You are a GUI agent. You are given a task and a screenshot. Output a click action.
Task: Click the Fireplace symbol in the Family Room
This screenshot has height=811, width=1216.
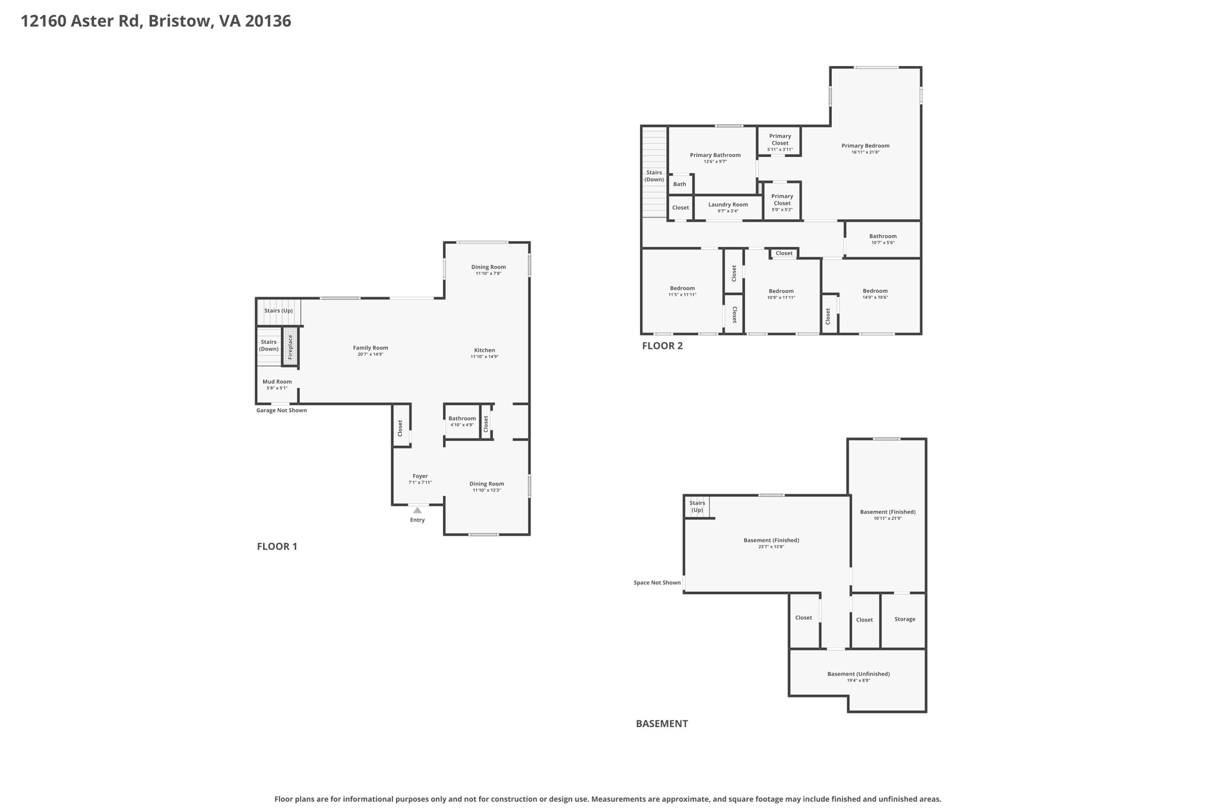290,346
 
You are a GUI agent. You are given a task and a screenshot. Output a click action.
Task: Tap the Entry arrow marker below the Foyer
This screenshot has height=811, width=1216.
417,510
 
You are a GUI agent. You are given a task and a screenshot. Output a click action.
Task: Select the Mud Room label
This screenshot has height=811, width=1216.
277,381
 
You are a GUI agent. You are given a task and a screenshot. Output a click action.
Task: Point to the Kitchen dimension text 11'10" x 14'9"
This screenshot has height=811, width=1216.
484,356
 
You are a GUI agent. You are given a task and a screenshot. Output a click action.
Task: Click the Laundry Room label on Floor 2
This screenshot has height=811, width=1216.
728,204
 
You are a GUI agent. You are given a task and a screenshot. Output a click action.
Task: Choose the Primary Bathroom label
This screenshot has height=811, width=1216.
715,155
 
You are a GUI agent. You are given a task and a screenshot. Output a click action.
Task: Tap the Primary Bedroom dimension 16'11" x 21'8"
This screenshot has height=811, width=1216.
865,152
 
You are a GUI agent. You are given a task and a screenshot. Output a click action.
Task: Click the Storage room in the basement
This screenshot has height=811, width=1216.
904,620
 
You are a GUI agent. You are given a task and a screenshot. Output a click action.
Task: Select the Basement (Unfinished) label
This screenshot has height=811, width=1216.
858,674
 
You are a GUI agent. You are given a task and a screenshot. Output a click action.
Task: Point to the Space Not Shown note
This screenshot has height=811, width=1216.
657,583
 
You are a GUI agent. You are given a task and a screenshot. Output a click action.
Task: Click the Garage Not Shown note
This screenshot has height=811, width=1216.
281,411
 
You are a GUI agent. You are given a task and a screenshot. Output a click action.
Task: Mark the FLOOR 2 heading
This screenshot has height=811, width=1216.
662,346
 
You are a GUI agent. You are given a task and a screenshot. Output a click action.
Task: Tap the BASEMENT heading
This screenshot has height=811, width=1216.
661,724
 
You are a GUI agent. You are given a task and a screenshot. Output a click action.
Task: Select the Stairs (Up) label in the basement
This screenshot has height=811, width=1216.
697,507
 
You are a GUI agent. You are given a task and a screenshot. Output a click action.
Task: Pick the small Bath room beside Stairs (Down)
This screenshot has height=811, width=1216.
680,184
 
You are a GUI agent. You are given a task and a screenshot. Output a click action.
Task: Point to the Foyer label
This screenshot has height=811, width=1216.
420,476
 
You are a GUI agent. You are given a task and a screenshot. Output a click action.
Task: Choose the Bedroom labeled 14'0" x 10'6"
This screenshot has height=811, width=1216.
875,294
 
